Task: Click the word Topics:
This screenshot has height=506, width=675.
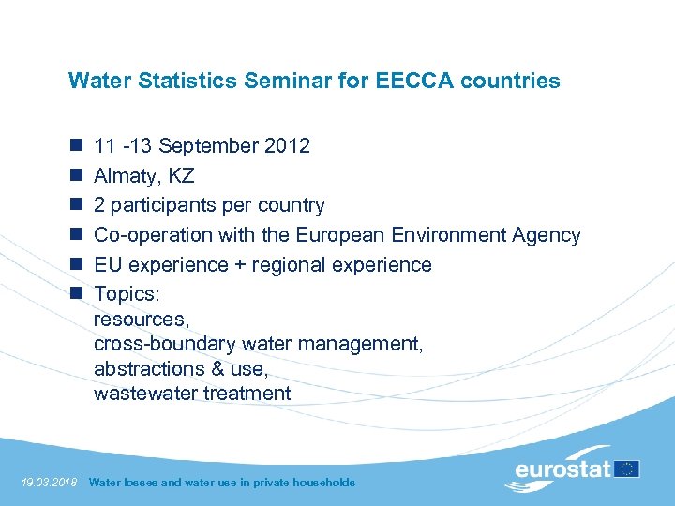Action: point(127,294)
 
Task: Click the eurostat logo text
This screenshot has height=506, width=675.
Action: point(562,469)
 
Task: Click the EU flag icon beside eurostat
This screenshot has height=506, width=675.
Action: point(627,469)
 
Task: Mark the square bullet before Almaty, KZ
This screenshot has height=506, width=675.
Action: point(75,176)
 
